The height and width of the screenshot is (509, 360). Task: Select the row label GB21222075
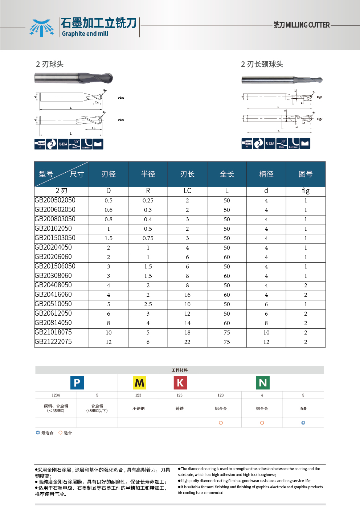[53, 342]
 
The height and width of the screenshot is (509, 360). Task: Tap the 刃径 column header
[109, 174]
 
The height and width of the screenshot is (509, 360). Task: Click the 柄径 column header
[266, 174]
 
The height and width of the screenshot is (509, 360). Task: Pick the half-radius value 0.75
[148, 238]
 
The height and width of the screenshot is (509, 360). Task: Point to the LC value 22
[187, 342]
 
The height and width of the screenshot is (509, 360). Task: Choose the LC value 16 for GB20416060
[187, 295]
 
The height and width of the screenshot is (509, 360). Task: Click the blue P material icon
[77, 383]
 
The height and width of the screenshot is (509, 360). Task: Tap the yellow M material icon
[139, 383]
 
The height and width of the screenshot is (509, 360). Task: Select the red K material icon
[180, 383]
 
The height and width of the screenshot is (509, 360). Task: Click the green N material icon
[263, 383]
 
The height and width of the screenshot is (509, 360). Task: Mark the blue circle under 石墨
[303, 423]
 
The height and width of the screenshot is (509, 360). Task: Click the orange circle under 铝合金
[221, 423]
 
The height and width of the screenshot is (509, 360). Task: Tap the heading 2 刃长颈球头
[262, 64]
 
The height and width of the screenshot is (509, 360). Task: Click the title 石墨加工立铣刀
[99, 23]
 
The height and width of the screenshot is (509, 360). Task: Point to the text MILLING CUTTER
[307, 25]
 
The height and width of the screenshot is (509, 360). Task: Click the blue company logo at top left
[41, 28]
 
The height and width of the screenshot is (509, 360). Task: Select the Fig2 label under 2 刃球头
[121, 120]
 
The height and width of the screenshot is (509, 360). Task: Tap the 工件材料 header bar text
[180, 370]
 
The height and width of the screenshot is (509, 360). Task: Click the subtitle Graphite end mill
[85, 34]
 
